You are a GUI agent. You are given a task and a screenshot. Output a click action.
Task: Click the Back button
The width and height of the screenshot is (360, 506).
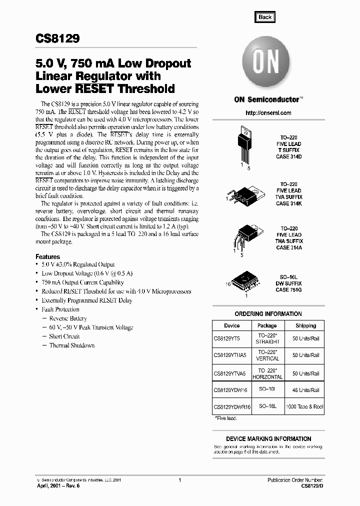[264, 17]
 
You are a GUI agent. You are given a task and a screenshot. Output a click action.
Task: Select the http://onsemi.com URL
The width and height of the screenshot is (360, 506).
[268, 113]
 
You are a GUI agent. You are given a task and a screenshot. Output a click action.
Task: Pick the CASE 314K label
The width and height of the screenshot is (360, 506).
[289, 203]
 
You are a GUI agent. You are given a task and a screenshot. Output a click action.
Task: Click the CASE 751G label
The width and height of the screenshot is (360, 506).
[289, 290]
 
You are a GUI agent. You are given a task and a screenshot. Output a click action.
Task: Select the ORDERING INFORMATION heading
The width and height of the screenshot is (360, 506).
[268, 314]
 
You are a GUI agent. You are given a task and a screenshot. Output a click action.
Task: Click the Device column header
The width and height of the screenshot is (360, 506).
[231, 325]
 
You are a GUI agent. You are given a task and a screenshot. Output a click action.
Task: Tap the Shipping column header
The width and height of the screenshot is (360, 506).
[305, 325]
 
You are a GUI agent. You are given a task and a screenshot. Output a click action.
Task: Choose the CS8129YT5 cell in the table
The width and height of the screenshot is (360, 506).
[227, 338]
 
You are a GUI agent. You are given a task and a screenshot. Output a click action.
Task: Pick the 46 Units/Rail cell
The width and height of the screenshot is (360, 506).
[305, 390]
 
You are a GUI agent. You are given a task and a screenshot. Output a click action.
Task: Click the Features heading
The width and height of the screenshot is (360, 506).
[48, 256]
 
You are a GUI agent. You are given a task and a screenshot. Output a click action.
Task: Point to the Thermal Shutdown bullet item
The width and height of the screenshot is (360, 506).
[71, 345]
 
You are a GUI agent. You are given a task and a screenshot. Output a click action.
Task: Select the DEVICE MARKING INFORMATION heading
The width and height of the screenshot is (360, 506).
[268, 438]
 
